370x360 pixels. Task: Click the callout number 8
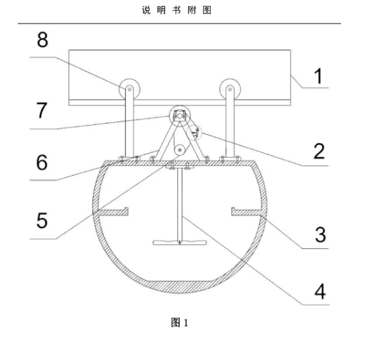pyautogui.click(x=42, y=40)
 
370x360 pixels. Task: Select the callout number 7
pyautogui.click(x=42, y=110)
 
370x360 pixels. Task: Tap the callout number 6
pyautogui.click(x=42, y=162)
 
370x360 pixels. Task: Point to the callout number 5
pyautogui.click(x=42, y=220)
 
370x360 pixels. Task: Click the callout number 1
pyautogui.click(x=319, y=76)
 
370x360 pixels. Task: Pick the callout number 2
pyautogui.click(x=319, y=151)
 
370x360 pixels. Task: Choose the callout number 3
pyautogui.click(x=320, y=235)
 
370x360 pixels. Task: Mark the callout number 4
pyautogui.click(x=320, y=291)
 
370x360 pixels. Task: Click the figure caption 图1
pyautogui.click(x=179, y=323)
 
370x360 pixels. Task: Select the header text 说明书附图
pyautogui.click(x=177, y=10)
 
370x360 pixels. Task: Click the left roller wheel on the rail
pyautogui.click(x=129, y=89)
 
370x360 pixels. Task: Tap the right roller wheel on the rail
pyautogui.click(x=230, y=89)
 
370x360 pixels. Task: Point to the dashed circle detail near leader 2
pyautogui.click(x=194, y=133)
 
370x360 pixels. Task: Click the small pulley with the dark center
pyautogui.click(x=180, y=150)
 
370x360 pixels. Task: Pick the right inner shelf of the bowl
pyautogui.click(x=247, y=212)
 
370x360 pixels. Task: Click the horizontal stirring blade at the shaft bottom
pyautogui.click(x=180, y=243)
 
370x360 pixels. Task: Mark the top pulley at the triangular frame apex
pyautogui.click(x=180, y=116)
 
